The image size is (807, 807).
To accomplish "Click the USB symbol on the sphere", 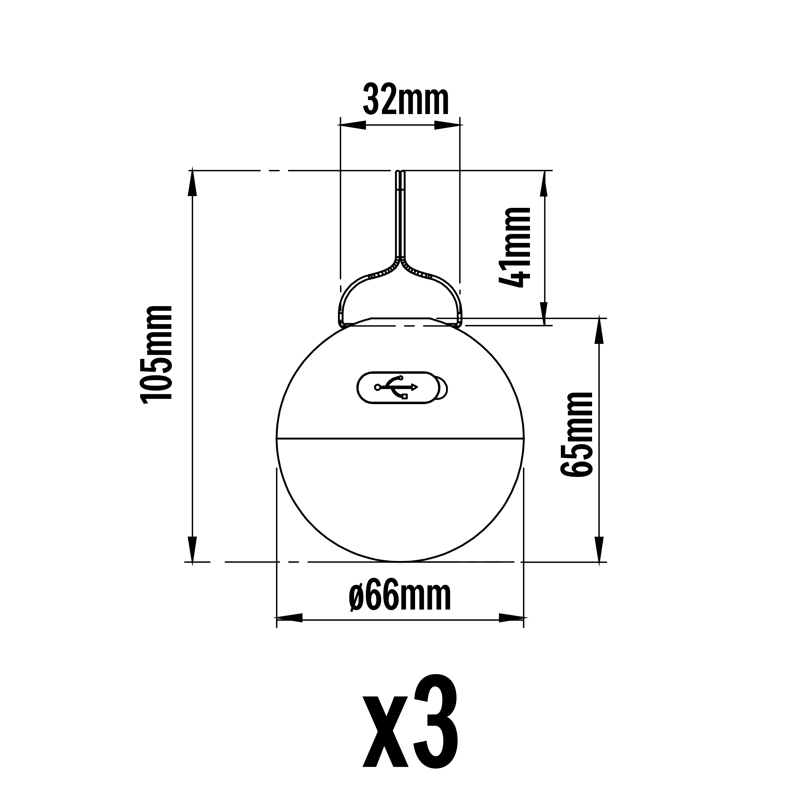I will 396,387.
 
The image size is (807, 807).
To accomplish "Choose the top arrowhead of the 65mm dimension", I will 600,330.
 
